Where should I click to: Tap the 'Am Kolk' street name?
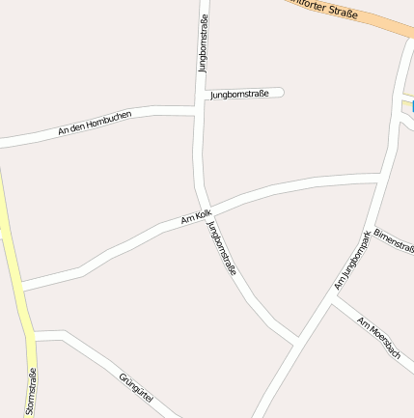point(196,218)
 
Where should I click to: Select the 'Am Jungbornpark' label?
point(352,261)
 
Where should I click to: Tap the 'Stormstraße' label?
point(31,392)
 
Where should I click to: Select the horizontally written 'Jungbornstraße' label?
point(238,94)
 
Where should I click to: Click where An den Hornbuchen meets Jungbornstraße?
point(199,109)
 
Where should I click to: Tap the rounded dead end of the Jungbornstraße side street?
point(281,93)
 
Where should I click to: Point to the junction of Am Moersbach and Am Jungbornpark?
point(331,298)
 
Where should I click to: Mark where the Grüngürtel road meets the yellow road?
point(32,337)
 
